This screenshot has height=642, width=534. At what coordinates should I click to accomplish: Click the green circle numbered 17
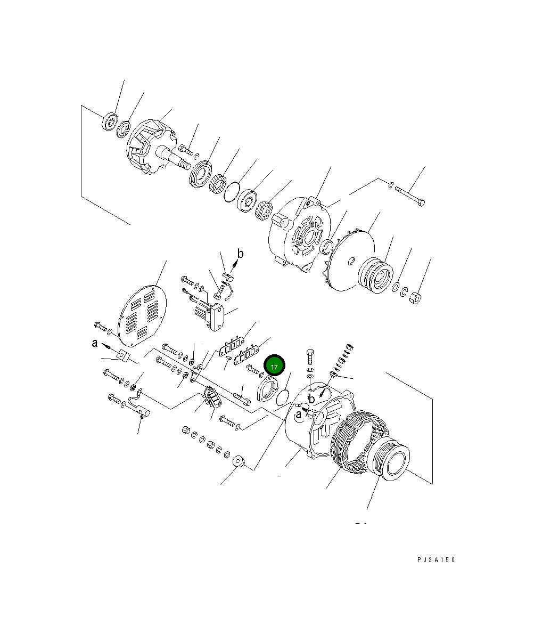275,367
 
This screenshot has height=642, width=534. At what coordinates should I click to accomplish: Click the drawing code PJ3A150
436,560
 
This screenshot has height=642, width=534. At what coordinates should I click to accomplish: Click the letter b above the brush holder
240,254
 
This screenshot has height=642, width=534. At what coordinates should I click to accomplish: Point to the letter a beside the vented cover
94,344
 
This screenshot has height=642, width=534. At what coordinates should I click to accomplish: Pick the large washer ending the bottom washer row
239,461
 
